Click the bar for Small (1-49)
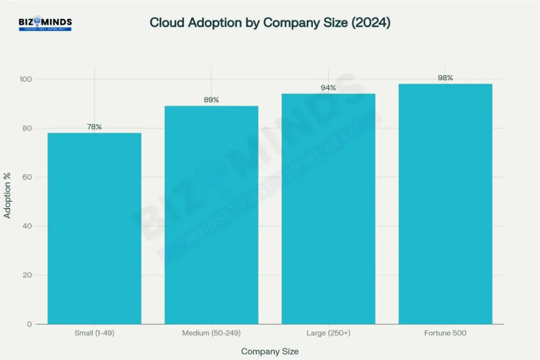coord(94,228)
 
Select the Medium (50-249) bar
coord(211,215)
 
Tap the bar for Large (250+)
coord(328,209)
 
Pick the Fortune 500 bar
coord(445,204)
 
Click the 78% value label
coord(94,127)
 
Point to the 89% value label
coord(211,100)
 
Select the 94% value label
coord(328,88)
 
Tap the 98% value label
coord(445,78)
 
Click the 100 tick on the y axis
coord(26,79)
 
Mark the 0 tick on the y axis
coord(30,324)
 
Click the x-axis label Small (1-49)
coord(94,333)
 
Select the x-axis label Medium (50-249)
coord(211,333)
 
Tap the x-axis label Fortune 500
coord(445,333)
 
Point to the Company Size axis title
coord(270,351)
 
